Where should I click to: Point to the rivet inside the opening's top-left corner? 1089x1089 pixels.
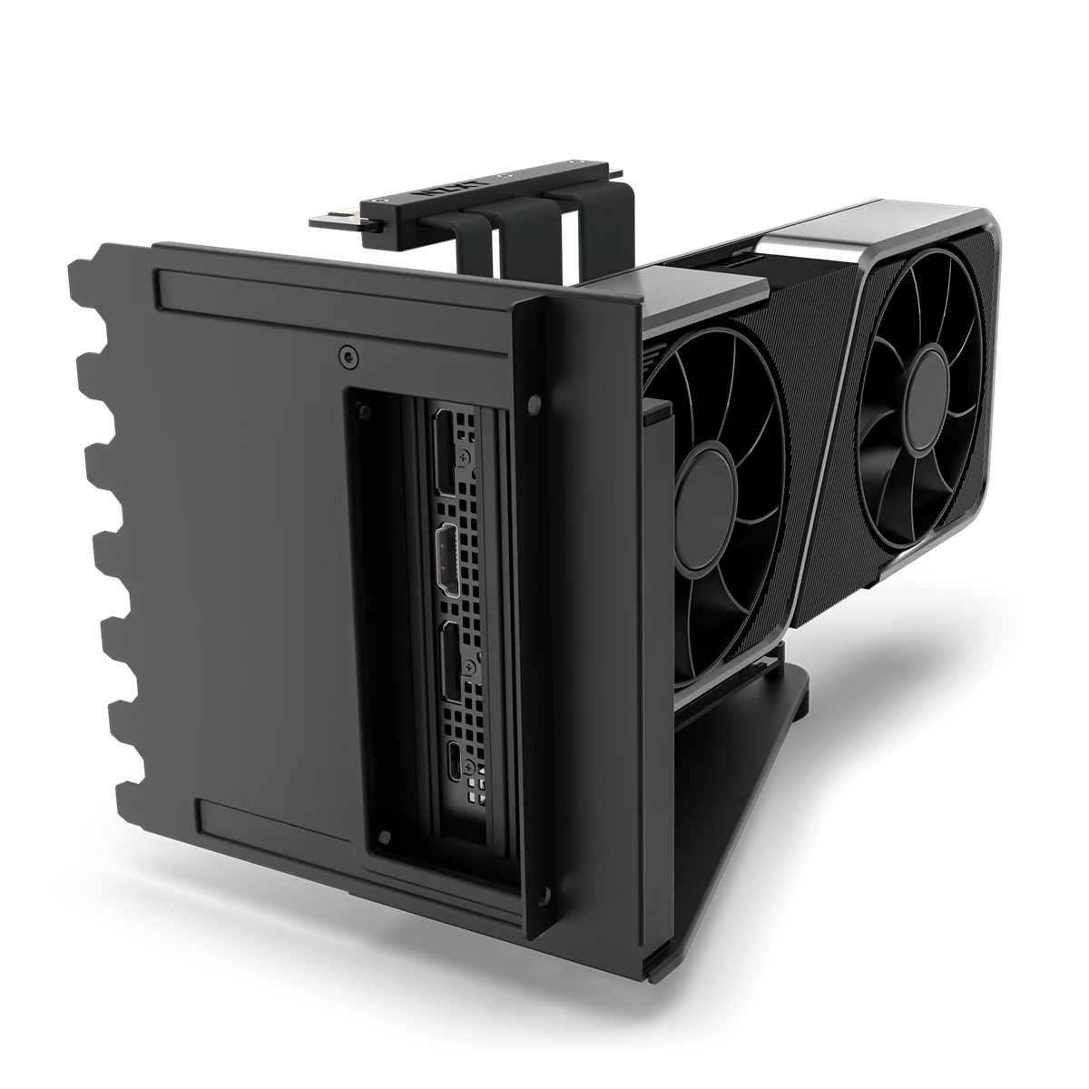click(365, 412)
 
